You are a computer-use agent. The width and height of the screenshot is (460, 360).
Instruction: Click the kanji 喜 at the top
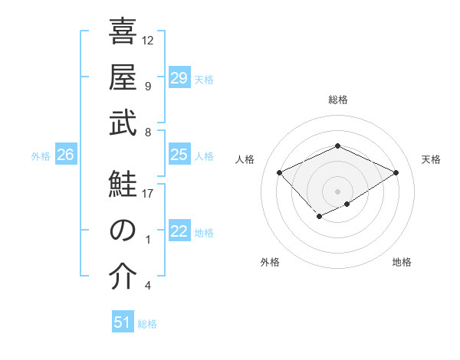coord(123,34)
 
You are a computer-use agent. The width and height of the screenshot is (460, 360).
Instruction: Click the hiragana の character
coord(123,231)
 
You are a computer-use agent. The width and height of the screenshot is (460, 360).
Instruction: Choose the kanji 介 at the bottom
coord(123,277)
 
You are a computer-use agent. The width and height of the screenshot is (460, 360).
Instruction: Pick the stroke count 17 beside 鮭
coord(149,193)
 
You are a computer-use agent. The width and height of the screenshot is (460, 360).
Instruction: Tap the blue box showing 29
coord(179,78)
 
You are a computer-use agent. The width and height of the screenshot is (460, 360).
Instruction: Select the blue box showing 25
coord(179,155)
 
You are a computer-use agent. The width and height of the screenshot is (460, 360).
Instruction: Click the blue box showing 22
coord(179,232)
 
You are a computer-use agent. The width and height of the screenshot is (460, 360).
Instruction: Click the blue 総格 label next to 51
coord(147,324)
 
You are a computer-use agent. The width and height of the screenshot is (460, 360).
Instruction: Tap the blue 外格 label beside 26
coord(41,156)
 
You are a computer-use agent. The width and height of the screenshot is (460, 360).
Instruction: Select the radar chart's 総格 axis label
coord(337,100)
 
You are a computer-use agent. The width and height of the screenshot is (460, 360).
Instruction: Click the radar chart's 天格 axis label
coord(431,159)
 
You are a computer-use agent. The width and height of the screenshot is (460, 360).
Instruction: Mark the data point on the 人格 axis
coord(280,173)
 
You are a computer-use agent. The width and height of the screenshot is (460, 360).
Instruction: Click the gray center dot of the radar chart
coord(337,190)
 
